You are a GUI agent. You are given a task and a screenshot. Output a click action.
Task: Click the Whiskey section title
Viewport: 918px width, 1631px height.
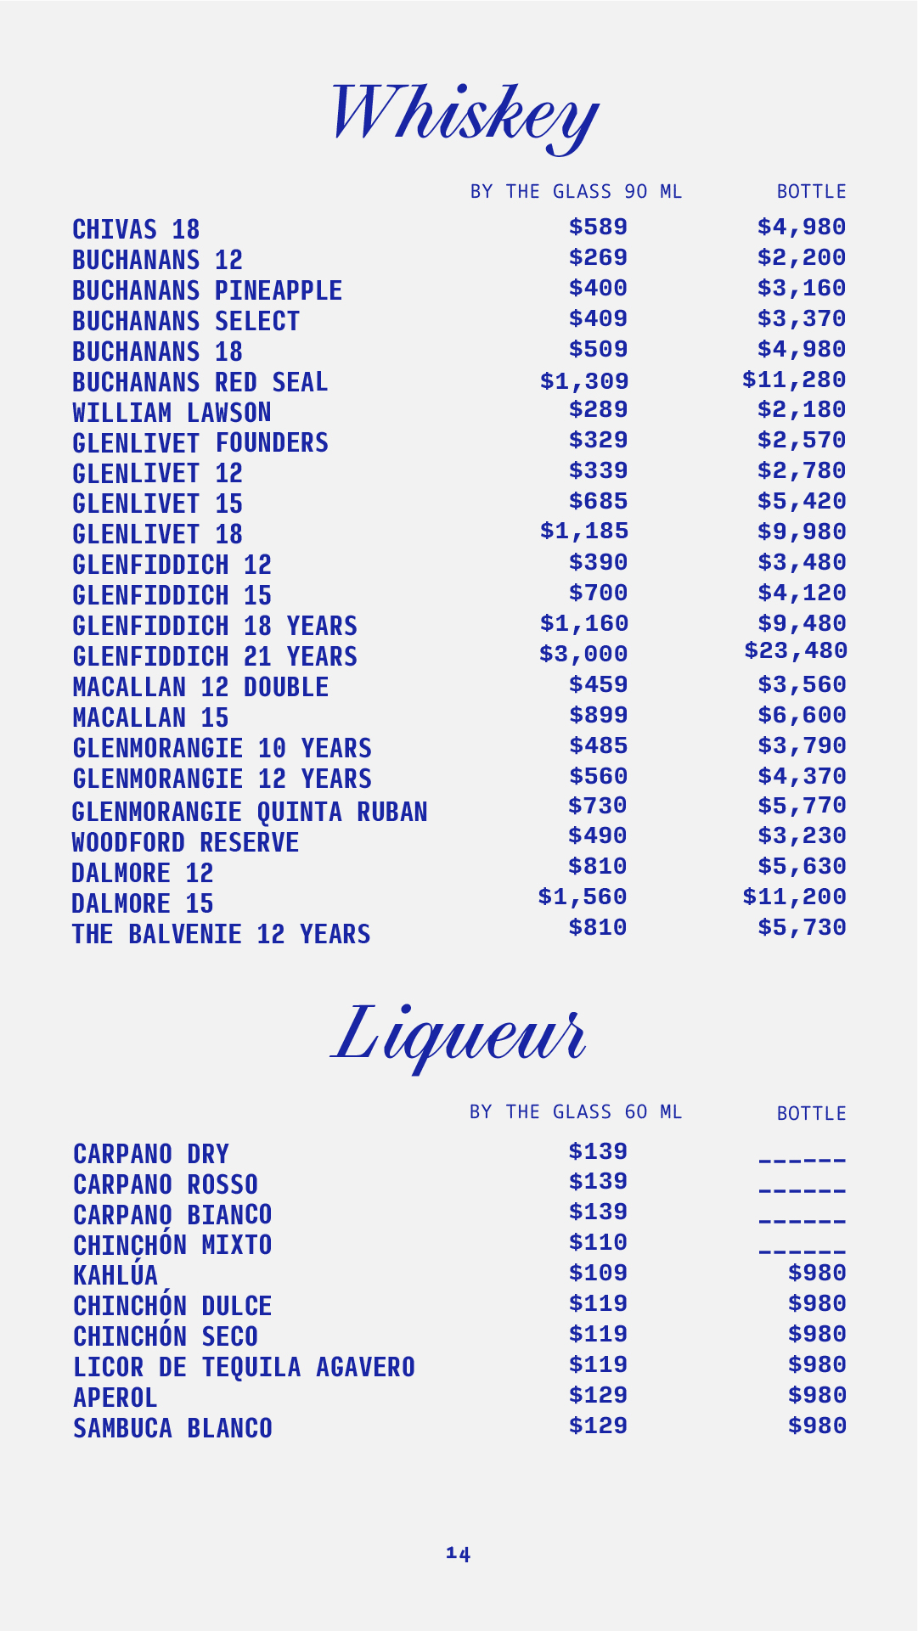coord(465,115)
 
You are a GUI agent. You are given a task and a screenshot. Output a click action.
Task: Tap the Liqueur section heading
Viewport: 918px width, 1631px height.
coord(459,1035)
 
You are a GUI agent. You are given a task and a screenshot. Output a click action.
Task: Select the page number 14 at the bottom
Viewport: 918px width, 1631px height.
coord(459,1554)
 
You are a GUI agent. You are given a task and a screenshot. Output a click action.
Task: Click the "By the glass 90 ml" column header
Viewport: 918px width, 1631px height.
coord(576,192)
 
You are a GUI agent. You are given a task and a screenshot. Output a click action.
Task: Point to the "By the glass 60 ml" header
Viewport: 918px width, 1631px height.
coord(576,1112)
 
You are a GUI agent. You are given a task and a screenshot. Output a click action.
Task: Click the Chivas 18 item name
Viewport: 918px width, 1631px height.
coord(136,229)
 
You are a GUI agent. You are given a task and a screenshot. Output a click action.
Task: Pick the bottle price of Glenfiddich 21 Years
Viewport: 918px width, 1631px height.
coord(796,651)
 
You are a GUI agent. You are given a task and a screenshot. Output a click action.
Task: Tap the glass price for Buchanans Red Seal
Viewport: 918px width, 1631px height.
coord(584,381)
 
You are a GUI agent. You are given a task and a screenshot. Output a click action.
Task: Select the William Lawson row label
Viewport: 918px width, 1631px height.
coord(172,413)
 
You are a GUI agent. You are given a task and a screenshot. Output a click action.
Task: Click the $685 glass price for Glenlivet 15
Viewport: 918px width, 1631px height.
coord(598,501)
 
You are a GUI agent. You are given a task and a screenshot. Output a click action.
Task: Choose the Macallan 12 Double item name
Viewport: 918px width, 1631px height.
coord(200,687)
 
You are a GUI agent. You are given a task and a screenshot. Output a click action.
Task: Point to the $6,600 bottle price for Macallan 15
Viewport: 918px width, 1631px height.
coord(802,715)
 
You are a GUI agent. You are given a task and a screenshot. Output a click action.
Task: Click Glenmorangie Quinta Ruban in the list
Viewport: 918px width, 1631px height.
coord(250,812)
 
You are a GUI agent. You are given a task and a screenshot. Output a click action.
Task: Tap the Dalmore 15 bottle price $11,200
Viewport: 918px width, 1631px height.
coord(794,897)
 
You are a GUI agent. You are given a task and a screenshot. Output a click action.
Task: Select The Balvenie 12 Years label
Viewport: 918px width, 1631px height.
coord(221,934)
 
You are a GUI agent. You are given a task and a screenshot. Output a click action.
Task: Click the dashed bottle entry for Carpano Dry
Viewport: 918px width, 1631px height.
coord(802,1160)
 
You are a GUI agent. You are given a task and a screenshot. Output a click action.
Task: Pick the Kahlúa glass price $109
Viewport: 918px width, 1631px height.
coord(598,1273)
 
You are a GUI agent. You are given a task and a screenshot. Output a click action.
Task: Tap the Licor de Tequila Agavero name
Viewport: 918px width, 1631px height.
coord(244,1367)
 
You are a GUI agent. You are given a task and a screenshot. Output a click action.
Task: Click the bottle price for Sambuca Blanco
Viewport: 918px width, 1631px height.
coord(817,1426)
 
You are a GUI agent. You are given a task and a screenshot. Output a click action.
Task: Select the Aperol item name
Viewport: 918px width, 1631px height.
coord(115,1398)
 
